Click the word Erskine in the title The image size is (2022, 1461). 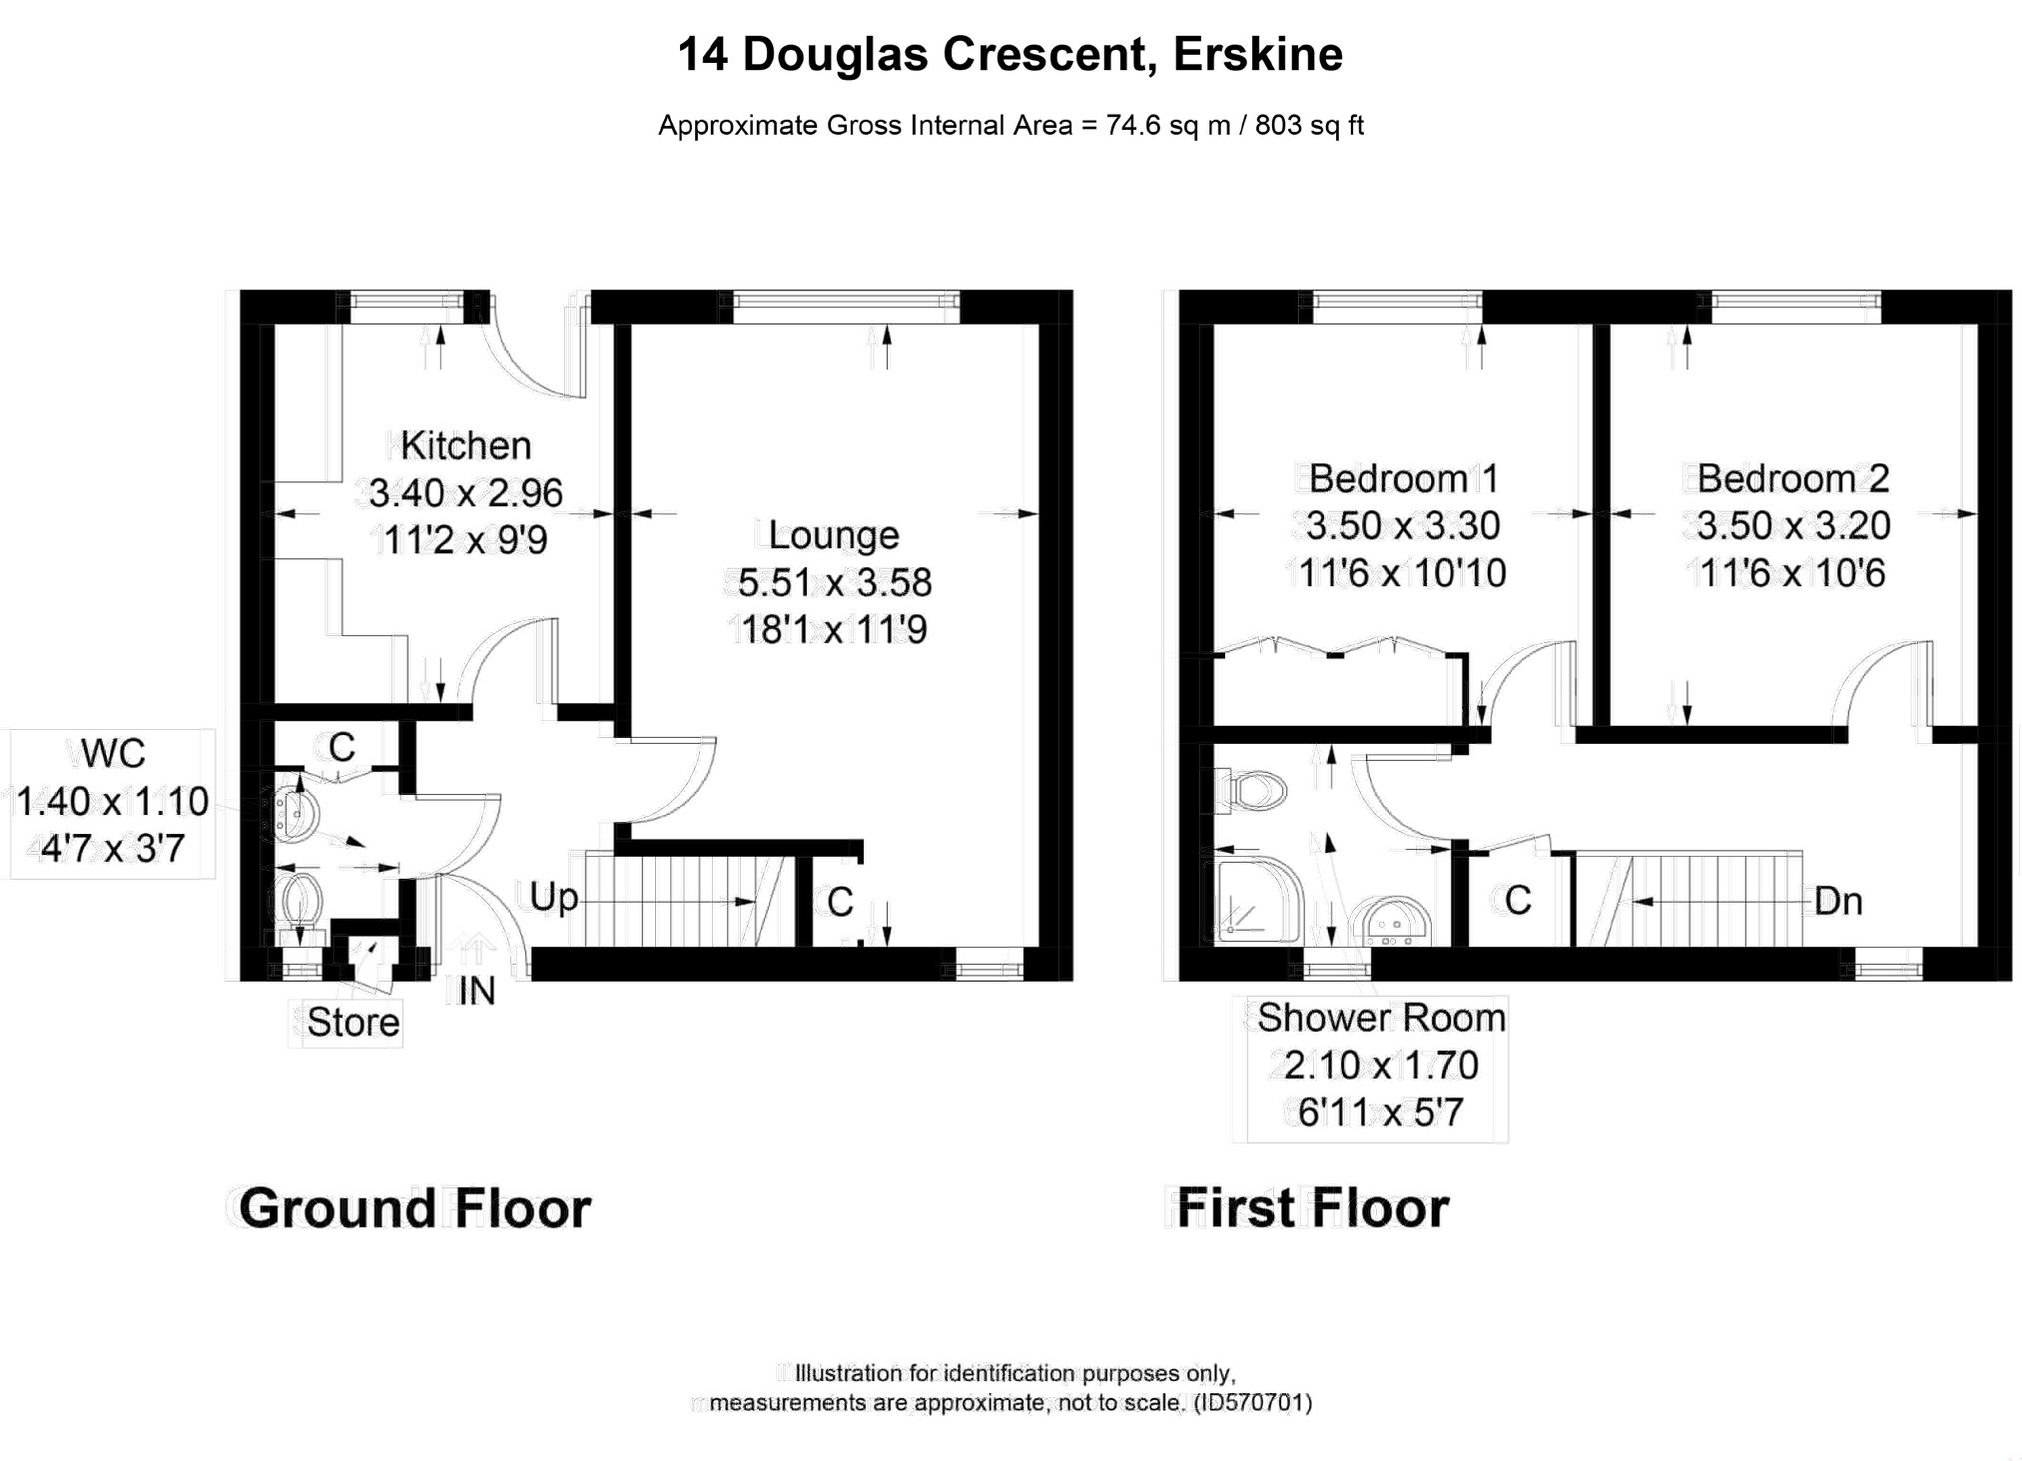point(1257,54)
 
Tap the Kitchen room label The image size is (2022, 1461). point(465,445)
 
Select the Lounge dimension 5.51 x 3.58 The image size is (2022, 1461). point(835,582)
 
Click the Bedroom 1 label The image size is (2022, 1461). point(1404,478)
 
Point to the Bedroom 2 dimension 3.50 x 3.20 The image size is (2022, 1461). point(1793,525)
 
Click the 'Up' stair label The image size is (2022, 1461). point(553,898)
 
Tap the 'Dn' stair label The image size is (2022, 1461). point(1838,902)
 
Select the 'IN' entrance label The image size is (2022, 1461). point(476,991)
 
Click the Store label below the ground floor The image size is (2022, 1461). point(352,1022)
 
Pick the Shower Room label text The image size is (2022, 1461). point(1381,1018)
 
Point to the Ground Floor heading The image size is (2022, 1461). point(414,1208)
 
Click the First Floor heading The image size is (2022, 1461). point(1313,1208)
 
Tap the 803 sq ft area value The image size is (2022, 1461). point(1309,126)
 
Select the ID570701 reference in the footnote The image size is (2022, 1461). point(1253,1402)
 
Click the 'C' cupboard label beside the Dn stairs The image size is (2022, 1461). point(1518,901)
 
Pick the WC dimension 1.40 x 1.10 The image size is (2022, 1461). point(113,801)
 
